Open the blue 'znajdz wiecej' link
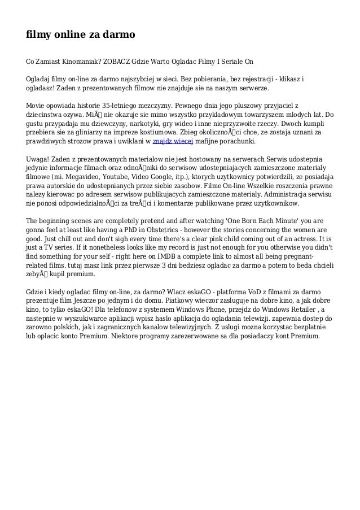coord(174,141)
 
